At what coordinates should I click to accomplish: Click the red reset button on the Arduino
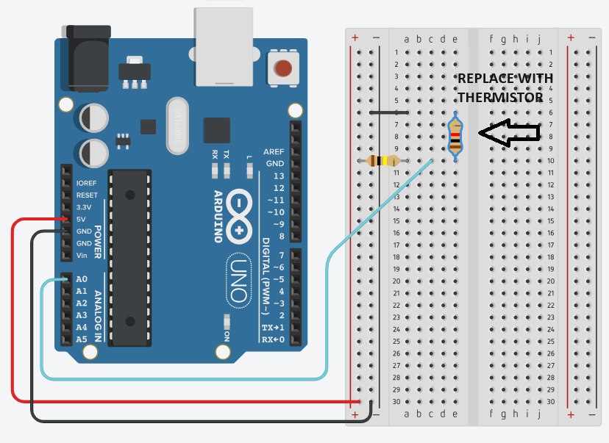click(282, 69)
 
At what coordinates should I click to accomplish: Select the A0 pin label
click(82, 280)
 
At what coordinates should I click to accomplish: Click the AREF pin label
click(274, 151)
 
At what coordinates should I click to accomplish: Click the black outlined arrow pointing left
click(509, 132)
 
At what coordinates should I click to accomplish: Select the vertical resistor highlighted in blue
click(456, 137)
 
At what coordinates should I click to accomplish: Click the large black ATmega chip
click(130, 257)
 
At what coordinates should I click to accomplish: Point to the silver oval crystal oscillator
click(178, 126)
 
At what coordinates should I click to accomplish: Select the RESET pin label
click(86, 195)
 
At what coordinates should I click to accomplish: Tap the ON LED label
click(227, 336)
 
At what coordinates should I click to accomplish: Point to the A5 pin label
click(82, 339)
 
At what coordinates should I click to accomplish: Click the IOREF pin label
click(87, 183)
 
